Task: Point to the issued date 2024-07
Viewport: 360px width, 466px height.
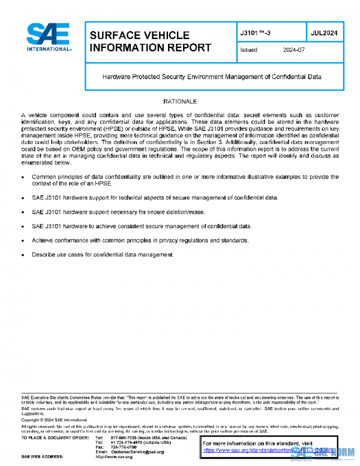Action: point(294,50)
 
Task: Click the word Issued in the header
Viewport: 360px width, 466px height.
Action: point(248,50)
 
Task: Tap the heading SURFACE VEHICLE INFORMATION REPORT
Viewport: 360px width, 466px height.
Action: point(150,41)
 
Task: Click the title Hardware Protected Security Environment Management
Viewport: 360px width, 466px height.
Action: point(212,77)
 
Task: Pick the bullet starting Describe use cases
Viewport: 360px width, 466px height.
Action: point(103,255)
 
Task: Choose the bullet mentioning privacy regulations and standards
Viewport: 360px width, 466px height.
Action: point(140,240)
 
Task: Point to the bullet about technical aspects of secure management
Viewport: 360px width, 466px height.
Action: point(154,198)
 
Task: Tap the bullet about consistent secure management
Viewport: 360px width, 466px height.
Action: point(142,226)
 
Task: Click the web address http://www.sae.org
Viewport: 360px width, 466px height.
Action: point(114,456)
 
